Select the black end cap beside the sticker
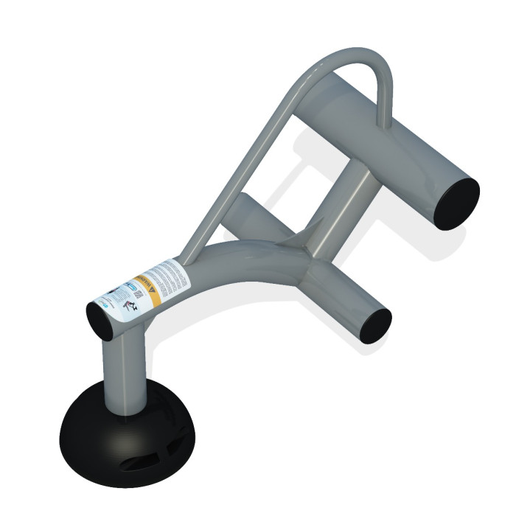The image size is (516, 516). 100,319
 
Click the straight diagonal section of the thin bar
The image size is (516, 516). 251,162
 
